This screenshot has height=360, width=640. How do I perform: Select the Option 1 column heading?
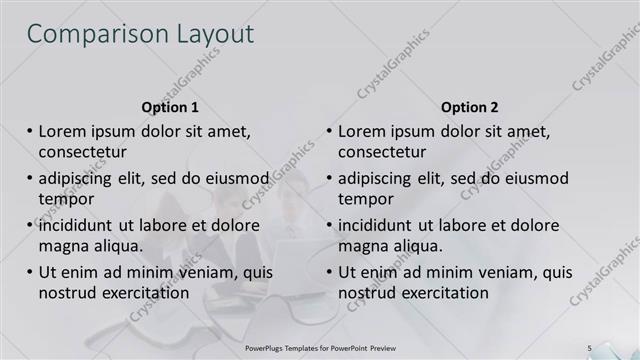click(170, 107)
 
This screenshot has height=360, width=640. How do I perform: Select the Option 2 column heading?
click(469, 107)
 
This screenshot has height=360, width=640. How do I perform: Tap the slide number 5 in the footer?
click(589, 347)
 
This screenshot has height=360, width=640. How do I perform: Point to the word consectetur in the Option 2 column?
click(382, 152)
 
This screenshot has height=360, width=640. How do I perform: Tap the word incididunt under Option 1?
click(81, 225)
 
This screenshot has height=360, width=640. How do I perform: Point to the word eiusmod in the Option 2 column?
click(532, 178)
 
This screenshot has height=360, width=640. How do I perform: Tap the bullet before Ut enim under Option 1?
click(30, 272)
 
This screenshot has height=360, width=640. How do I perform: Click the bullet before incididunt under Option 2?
click(330, 225)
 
